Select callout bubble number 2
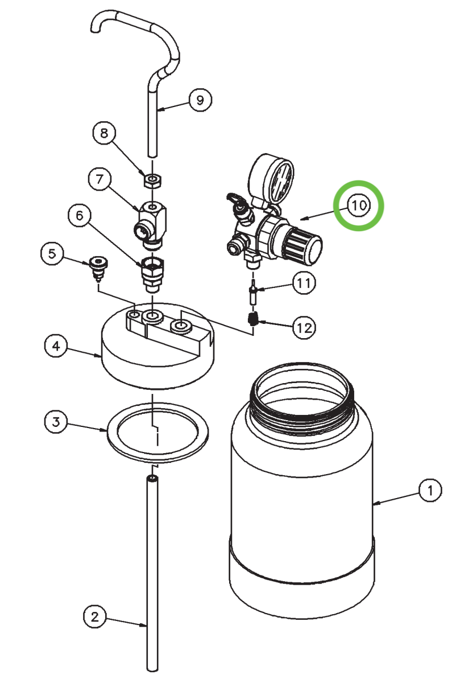point(95,616)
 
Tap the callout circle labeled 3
point(56,422)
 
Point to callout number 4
point(56,346)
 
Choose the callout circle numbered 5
point(52,254)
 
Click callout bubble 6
point(79,215)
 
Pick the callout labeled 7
point(99,179)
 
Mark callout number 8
point(103,134)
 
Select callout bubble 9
point(200,100)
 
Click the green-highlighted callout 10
point(359,205)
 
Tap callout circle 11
point(304,283)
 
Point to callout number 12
point(304,327)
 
